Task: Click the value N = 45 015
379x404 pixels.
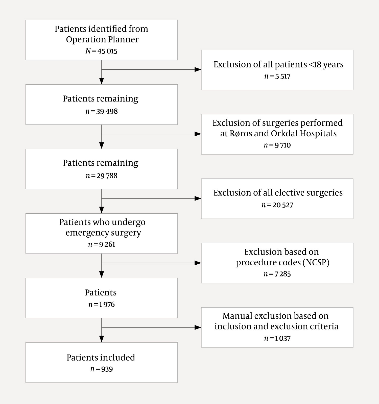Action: (x=101, y=51)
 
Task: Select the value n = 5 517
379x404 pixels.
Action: (x=277, y=76)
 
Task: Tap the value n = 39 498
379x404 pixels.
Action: (x=101, y=111)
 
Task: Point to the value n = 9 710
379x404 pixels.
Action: (x=277, y=145)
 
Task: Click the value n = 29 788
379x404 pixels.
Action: (x=101, y=176)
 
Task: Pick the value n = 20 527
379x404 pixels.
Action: (x=277, y=205)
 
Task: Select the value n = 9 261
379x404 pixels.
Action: (x=101, y=244)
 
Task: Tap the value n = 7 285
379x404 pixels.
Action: (x=277, y=274)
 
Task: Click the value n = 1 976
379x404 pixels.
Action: (x=101, y=305)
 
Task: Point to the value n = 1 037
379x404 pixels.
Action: (x=277, y=338)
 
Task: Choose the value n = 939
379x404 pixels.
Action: (x=101, y=369)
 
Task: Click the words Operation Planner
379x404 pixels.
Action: (x=102, y=40)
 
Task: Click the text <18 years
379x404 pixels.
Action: (x=326, y=65)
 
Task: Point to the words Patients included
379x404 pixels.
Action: (x=101, y=358)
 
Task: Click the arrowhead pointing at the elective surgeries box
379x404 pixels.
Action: (x=198, y=198)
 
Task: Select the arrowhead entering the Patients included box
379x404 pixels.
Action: (x=102, y=339)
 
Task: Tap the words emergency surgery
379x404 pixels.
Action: (x=103, y=233)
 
